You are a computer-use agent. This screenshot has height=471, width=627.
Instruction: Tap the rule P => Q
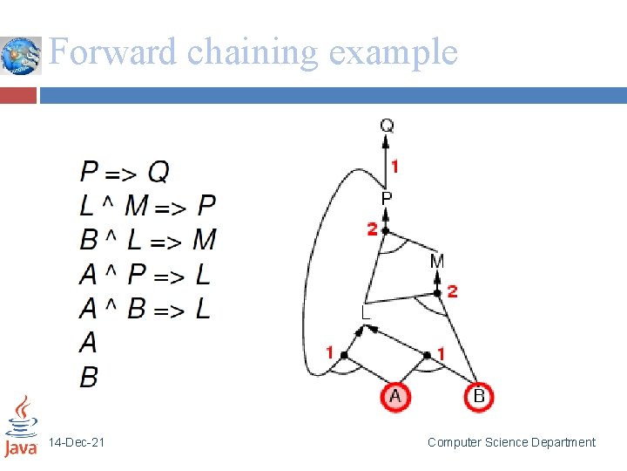pos(125,170)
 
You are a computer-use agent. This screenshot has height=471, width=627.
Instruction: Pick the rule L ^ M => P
pos(147,205)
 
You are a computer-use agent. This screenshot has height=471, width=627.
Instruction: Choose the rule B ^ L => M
pos(147,239)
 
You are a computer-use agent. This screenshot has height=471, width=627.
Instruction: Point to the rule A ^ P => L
pos(145,274)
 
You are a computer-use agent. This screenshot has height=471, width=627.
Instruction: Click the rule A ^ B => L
pos(145,308)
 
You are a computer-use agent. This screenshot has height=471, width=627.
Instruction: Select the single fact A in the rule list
pos(88,342)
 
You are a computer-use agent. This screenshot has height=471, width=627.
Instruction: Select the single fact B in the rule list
pos(88,377)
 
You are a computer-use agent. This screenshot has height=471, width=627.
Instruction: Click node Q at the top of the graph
pos(387,126)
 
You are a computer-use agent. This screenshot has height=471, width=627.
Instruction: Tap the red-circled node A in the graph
pos(394,397)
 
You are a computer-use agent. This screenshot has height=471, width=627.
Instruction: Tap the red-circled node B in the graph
pos(478,397)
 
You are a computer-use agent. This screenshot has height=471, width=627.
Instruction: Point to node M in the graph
pos(437,261)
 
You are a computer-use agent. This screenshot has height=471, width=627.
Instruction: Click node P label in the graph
pos(387,199)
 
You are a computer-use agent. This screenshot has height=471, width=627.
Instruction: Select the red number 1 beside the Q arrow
pos(394,166)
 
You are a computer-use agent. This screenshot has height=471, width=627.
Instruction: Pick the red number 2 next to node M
pos(451,291)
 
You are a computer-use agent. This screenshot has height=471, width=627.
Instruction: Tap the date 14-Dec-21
pos(77,443)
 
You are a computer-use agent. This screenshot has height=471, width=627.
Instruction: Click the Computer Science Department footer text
pos(511,442)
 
